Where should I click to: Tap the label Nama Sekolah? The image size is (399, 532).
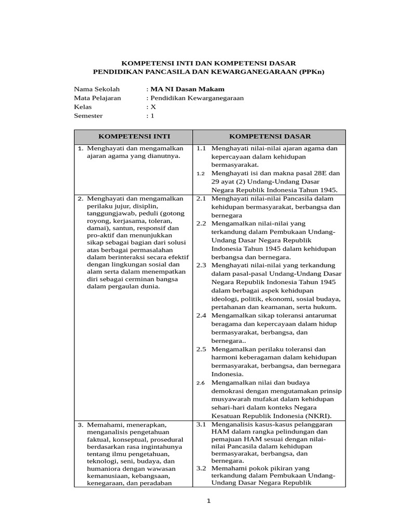click(x=97, y=89)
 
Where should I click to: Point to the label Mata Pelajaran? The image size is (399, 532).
click(x=97, y=98)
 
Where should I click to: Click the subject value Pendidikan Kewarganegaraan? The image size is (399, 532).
click(x=197, y=98)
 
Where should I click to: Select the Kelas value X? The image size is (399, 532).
click(x=153, y=107)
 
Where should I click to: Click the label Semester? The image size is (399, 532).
click(x=88, y=115)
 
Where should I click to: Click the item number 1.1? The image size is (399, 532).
click(x=201, y=148)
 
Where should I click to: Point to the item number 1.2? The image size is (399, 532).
click(x=201, y=174)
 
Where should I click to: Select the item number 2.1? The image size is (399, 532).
click(x=201, y=198)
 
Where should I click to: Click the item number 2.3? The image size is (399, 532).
click(x=201, y=265)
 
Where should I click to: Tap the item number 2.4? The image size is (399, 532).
click(x=201, y=315)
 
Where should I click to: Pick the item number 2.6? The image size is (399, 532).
click(x=201, y=383)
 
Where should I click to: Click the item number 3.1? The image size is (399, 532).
click(x=201, y=424)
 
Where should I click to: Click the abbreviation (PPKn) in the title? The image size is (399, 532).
click(x=307, y=72)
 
